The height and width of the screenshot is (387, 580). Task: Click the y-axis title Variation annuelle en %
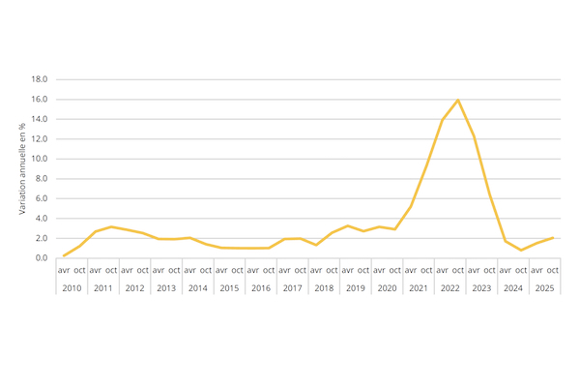click(21, 168)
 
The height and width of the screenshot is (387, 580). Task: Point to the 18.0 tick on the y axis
click(40, 79)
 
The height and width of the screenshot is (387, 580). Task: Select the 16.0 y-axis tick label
click(40, 100)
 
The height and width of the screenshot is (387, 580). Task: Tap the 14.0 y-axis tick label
click(40, 119)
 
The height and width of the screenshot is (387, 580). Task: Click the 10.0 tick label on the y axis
click(40, 159)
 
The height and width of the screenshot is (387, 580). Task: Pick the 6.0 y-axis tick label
click(41, 198)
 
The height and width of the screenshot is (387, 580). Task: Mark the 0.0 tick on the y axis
click(41, 258)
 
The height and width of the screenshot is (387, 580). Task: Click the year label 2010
click(72, 288)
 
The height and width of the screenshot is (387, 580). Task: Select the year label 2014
click(197, 288)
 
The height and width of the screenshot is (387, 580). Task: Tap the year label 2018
click(324, 288)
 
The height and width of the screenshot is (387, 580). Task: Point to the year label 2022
click(449, 288)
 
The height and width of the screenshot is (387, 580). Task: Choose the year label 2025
click(544, 288)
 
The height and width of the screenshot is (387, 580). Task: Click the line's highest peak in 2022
click(457, 101)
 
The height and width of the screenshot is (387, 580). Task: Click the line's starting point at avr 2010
click(64, 255)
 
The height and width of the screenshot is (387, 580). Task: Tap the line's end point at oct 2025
click(553, 237)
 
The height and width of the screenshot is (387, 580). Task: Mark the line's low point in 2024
click(521, 251)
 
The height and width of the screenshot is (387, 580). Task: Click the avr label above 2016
click(252, 270)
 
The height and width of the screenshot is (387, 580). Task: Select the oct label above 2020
click(394, 270)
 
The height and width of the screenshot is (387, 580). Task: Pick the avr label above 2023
click(474, 270)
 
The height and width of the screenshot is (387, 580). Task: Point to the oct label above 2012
click(142, 270)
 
